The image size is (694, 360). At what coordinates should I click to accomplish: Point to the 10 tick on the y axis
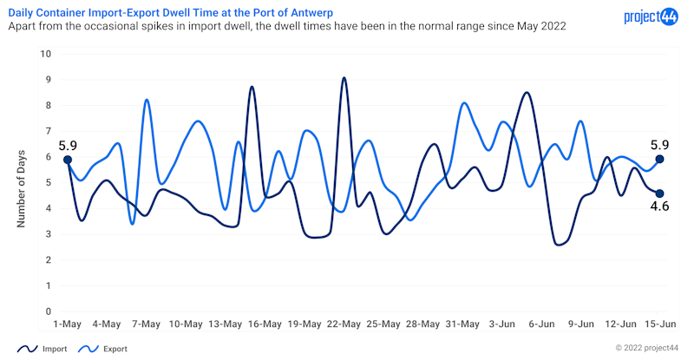(x=46, y=54)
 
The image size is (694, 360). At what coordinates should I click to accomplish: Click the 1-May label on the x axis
(x=67, y=324)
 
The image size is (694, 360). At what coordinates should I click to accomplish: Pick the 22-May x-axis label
(x=344, y=324)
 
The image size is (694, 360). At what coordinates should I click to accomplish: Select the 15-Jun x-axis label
(x=659, y=324)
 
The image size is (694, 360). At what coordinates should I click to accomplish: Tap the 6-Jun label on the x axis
(x=541, y=324)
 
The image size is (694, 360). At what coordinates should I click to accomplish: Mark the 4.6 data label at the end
(x=660, y=206)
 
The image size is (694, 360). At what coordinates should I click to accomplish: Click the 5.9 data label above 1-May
(x=68, y=146)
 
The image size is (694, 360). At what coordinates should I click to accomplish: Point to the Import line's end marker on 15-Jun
(x=660, y=193)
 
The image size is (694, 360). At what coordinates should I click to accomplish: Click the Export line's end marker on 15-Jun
(x=660, y=160)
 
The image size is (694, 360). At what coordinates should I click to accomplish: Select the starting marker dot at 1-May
(x=68, y=160)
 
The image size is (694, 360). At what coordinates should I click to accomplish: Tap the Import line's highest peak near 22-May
(x=344, y=78)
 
